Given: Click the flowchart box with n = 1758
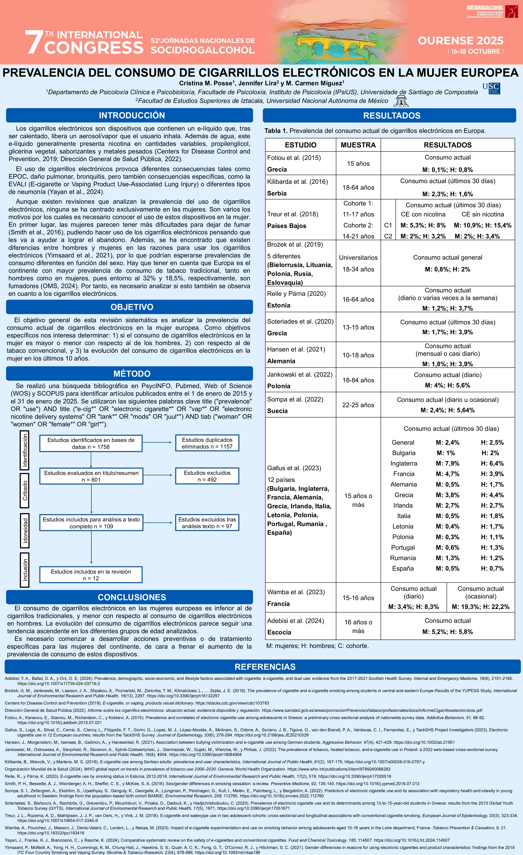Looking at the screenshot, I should [x=91, y=443].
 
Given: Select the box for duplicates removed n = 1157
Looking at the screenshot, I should [x=207, y=443].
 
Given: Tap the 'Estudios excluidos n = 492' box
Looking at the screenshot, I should [x=207, y=476].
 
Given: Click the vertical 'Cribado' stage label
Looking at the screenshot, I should [x=25, y=490].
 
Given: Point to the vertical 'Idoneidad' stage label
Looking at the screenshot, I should [x=25, y=530].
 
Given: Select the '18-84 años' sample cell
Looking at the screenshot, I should [x=358, y=380].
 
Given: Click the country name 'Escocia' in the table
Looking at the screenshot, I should [x=279, y=632].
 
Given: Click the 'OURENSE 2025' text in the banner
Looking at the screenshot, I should [x=461, y=41].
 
